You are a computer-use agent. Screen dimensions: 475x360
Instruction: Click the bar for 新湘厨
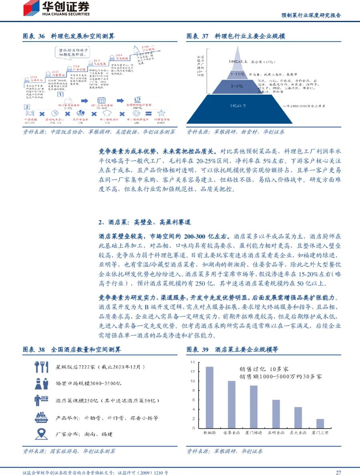pyautogui.click(x=209, y=397)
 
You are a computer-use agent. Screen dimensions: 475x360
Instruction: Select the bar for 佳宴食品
pyautogui.click(x=232, y=405)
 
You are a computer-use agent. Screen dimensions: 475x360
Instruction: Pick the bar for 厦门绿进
pyautogui.click(x=254, y=407)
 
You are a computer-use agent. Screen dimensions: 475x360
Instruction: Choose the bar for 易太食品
pyautogui.click(x=298, y=417)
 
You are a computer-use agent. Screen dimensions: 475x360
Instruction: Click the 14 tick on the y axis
pyautogui.click(x=192, y=362)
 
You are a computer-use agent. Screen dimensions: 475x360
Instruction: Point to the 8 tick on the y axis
pyautogui.click(x=193, y=391)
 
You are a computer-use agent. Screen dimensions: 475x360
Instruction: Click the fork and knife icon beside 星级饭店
pyautogui.click(x=42, y=367)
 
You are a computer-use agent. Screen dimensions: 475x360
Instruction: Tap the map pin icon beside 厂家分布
pyautogui.click(x=42, y=433)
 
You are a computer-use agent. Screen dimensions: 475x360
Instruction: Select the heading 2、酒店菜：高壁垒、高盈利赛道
pyautogui.click(x=145, y=222)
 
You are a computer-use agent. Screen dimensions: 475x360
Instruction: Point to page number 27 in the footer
pyautogui.click(x=338, y=472)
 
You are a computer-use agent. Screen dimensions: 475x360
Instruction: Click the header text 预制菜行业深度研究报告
pyautogui.click(x=311, y=16)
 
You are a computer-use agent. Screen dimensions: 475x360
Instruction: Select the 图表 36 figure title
pyautogui.click(x=69, y=36)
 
